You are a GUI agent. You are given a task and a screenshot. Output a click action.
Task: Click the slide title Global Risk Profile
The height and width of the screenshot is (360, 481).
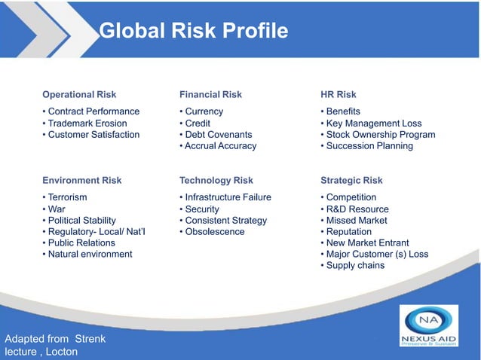click(x=193, y=31)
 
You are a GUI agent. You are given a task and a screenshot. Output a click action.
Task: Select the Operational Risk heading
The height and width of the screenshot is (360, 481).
click(x=79, y=95)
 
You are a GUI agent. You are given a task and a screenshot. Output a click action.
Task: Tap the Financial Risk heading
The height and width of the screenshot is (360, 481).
click(x=210, y=95)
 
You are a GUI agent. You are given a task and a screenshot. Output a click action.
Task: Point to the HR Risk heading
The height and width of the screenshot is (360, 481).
click(x=339, y=95)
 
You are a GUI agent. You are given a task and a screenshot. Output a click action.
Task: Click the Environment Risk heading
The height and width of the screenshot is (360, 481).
click(x=81, y=181)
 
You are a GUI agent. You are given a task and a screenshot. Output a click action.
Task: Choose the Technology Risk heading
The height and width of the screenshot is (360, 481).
click(x=216, y=181)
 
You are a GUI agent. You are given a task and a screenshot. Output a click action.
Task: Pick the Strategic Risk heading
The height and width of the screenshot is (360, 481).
click(x=351, y=181)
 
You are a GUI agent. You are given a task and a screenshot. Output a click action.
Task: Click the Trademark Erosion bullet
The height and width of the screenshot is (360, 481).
click(x=87, y=124)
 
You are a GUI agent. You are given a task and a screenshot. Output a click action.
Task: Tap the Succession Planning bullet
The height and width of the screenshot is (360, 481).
click(x=369, y=146)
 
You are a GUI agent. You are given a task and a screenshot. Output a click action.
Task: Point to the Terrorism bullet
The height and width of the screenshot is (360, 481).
click(x=67, y=197)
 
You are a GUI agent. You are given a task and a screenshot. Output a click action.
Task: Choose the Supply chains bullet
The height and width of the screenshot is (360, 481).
click(x=355, y=265)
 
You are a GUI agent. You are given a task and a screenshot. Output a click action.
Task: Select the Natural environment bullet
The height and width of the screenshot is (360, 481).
click(x=90, y=254)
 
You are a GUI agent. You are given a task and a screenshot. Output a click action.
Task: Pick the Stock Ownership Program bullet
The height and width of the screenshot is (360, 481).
click(x=380, y=135)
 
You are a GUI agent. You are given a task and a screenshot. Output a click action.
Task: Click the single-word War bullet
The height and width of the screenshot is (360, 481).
click(x=57, y=209)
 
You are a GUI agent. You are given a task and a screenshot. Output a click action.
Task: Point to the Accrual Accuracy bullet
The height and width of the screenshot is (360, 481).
click(x=220, y=146)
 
